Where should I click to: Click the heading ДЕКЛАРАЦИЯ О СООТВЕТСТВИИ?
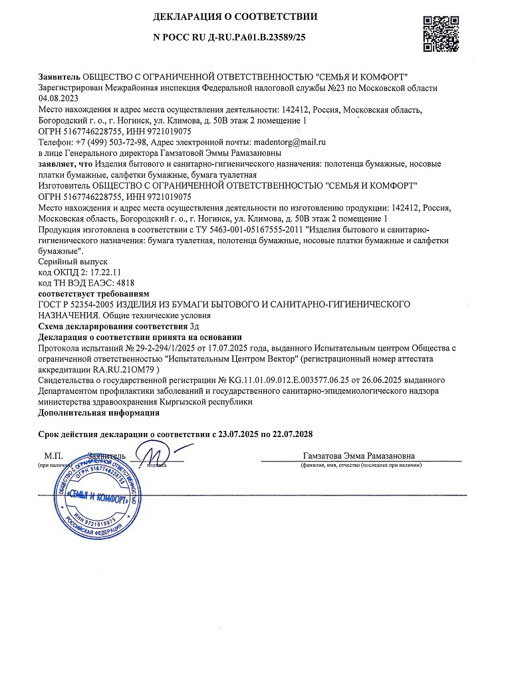235,16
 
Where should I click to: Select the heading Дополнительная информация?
99,412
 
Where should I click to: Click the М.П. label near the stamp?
53,456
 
